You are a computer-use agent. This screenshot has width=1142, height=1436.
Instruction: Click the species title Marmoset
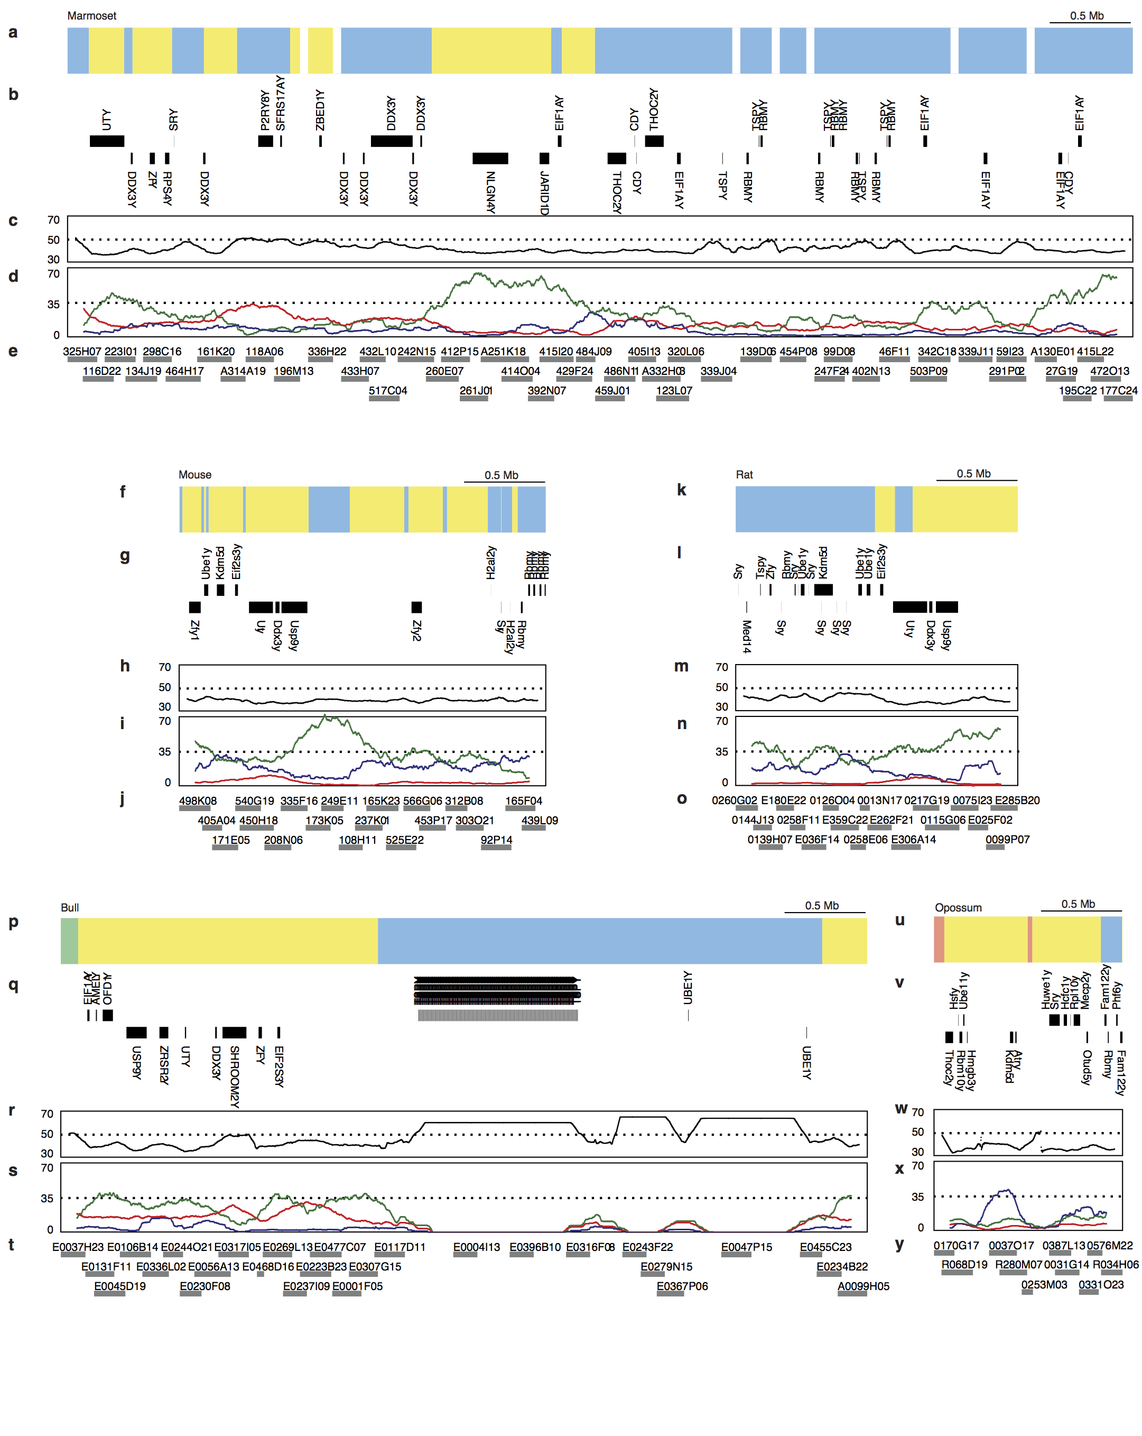91,16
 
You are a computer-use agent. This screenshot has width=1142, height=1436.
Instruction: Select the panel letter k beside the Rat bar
681,490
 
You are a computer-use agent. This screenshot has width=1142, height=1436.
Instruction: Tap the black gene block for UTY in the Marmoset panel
107,141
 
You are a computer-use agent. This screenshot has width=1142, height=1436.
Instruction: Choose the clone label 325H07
82,352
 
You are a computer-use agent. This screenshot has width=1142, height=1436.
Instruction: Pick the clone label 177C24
1118,391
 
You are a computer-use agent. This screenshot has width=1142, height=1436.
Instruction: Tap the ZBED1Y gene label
320,111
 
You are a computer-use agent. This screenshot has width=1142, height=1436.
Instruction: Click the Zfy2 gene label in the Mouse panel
416,630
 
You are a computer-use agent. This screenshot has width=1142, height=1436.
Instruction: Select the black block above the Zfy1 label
194,607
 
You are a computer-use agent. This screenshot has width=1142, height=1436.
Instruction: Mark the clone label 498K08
198,801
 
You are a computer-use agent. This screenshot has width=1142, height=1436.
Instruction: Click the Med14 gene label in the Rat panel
747,636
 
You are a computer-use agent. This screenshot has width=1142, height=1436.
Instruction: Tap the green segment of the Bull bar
69,941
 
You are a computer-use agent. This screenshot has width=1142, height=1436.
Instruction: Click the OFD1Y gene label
108,989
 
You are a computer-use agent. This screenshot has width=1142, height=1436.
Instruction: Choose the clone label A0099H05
863,1286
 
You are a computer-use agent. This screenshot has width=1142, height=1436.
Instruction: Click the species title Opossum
958,908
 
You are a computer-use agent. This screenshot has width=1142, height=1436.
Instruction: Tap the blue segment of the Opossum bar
1111,939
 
